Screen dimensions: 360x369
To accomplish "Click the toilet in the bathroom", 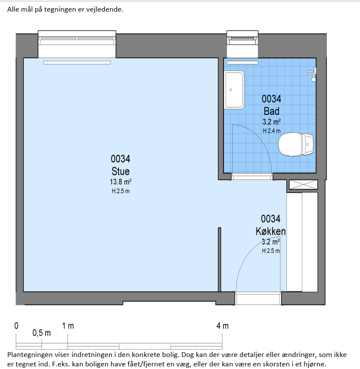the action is [296, 144].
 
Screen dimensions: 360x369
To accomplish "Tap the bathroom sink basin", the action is [234, 90].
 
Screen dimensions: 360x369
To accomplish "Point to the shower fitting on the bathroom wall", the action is [313, 74].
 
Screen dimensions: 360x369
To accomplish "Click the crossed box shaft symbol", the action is [303, 184].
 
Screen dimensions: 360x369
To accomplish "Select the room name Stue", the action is [121, 171].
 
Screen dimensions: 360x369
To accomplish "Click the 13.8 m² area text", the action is [121, 182].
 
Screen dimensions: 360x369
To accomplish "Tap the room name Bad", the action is [272, 111].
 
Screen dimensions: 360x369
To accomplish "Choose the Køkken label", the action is [270, 231].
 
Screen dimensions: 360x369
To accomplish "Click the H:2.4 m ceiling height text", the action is [272, 130].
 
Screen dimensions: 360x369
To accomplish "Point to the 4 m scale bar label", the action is [222, 326].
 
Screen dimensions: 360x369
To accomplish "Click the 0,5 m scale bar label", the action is [41, 333].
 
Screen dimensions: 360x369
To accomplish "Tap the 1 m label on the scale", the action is [68, 326].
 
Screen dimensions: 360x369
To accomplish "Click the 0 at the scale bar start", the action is [16, 326].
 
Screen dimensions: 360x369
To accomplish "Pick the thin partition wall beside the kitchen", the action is [220, 260].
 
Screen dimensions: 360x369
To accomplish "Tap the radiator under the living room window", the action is [77, 62].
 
